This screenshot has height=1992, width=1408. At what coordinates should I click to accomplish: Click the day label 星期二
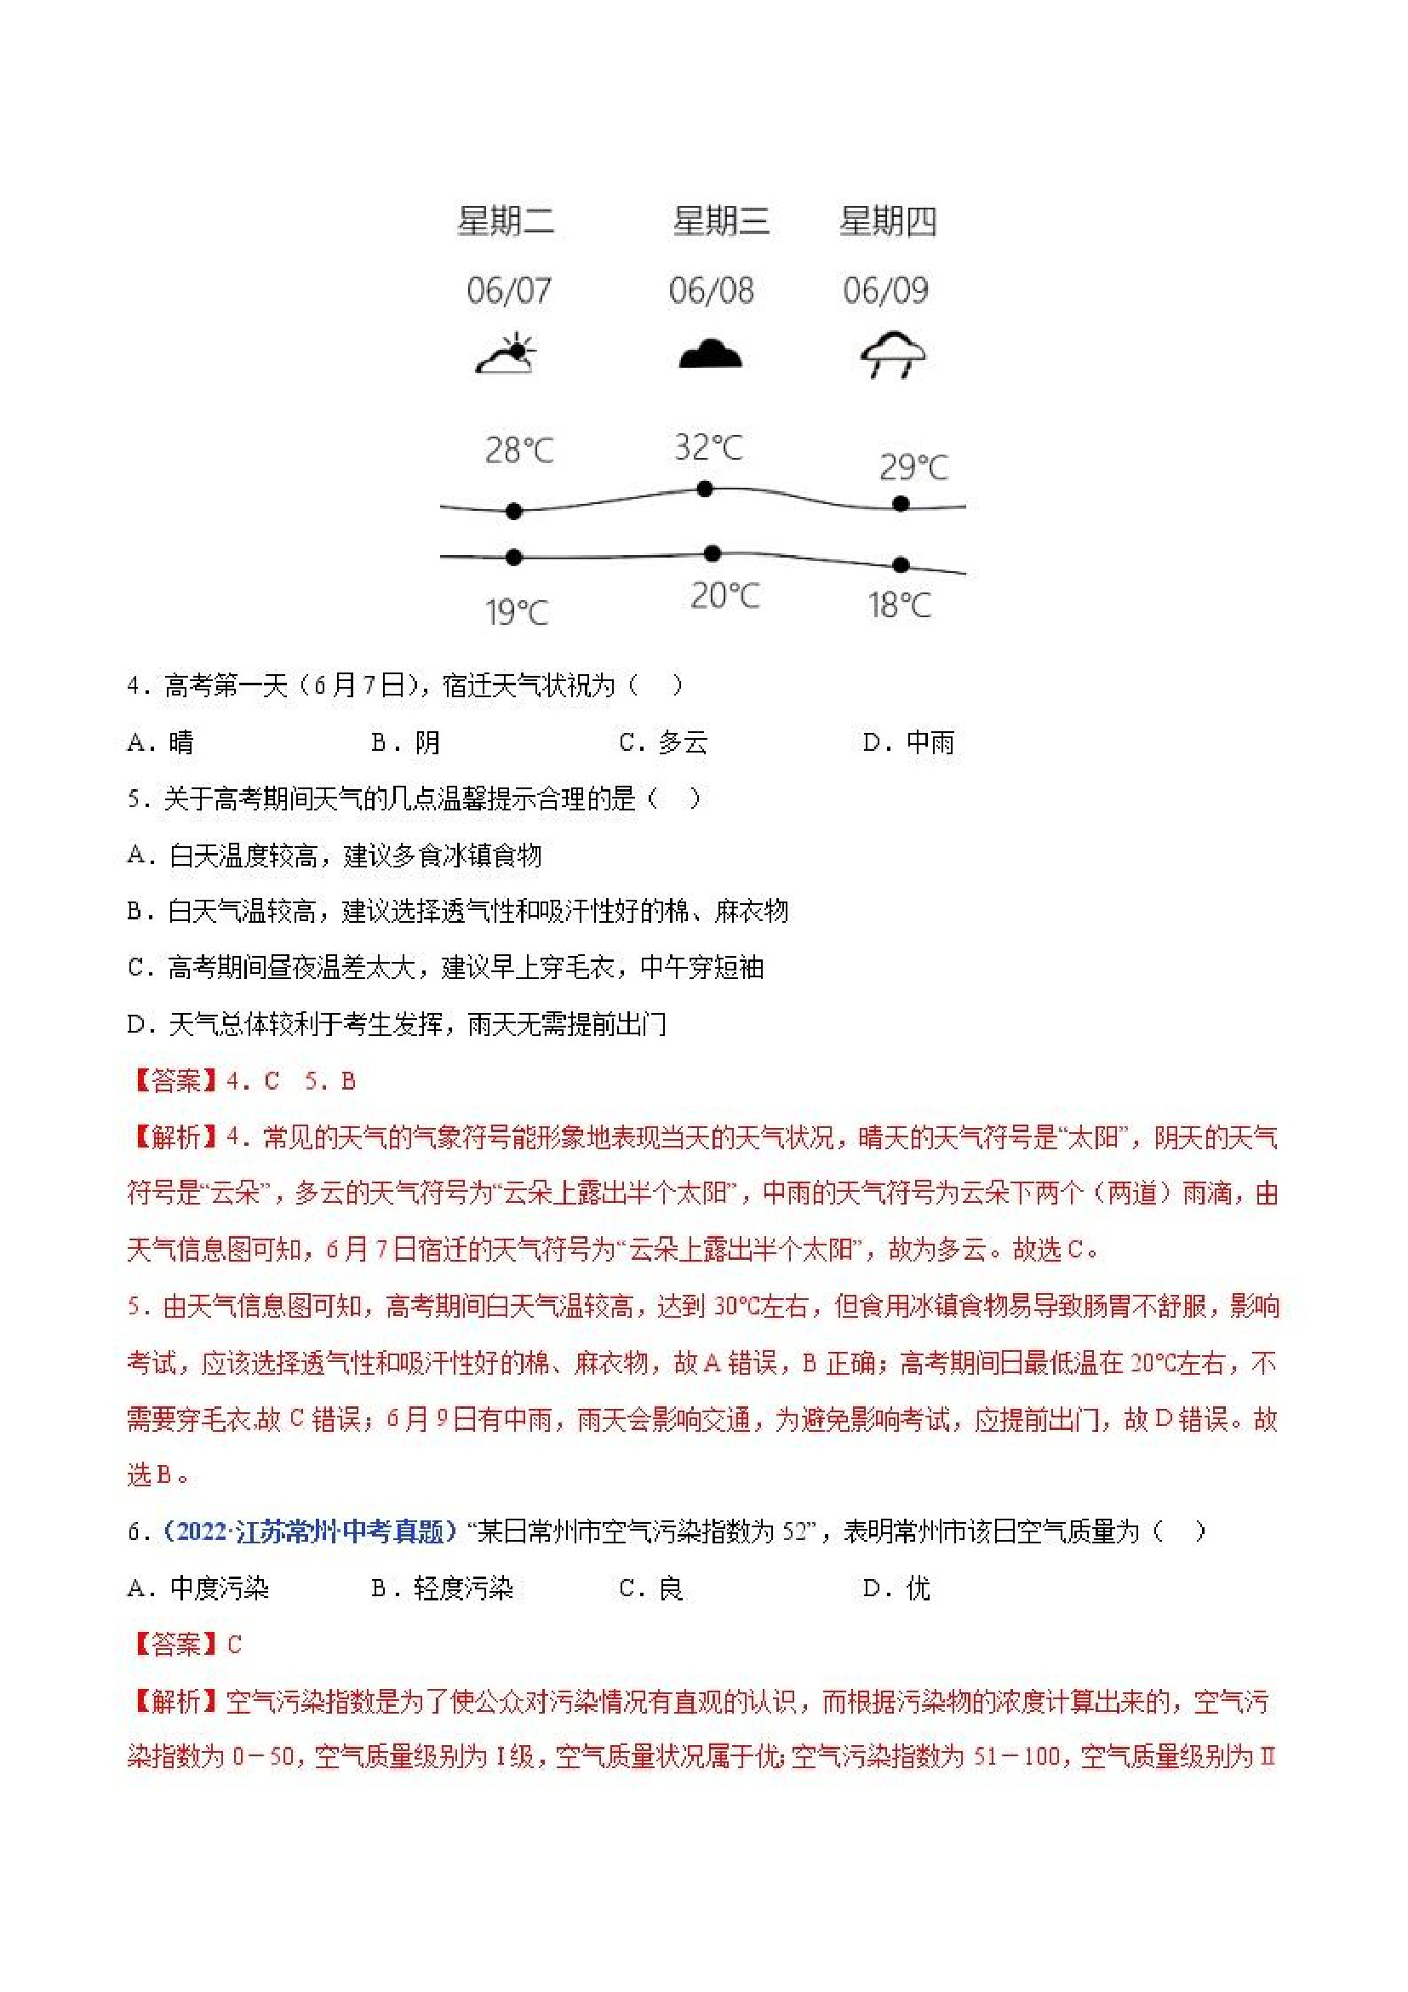tap(506, 221)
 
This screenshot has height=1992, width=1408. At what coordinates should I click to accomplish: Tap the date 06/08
tap(711, 290)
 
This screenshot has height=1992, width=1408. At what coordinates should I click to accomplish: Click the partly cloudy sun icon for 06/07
tap(507, 353)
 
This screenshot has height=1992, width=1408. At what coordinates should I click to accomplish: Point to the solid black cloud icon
tap(710, 354)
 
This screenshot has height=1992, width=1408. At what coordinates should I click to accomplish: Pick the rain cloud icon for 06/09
tap(893, 354)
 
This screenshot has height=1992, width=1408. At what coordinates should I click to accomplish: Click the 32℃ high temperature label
tap(709, 448)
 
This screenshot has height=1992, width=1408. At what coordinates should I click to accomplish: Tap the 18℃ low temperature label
tap(900, 604)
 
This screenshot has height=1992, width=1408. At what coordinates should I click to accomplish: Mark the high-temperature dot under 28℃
tap(513, 511)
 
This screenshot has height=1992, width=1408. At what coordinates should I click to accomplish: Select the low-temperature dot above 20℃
tap(713, 552)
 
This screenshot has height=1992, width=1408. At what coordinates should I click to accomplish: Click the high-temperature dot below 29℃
tap(901, 503)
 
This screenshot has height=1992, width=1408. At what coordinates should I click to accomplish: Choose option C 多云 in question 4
tap(664, 742)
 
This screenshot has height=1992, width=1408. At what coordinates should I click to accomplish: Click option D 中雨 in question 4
tap(908, 742)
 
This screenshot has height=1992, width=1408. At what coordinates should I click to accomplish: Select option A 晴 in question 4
tap(162, 742)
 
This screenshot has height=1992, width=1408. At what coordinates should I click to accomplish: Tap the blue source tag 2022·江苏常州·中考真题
tap(310, 1531)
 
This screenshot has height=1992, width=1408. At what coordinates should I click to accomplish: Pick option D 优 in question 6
tap(896, 1588)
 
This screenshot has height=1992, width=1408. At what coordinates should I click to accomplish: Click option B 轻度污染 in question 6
tap(443, 1588)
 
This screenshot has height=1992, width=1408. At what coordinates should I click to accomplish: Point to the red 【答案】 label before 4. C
tap(175, 1081)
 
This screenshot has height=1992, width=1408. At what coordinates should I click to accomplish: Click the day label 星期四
tap(888, 221)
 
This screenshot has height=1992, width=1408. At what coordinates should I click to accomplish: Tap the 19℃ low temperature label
tap(517, 613)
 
